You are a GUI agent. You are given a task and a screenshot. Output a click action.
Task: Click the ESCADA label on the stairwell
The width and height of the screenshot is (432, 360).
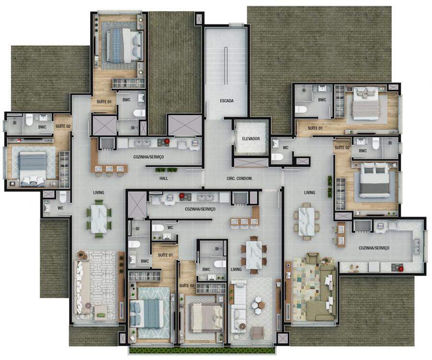227,100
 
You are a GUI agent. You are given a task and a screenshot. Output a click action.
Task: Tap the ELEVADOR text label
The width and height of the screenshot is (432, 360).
251,139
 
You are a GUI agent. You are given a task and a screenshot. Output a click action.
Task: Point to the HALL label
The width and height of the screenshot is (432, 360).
164,178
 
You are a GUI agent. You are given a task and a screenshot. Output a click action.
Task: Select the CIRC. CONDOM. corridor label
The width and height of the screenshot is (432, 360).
240,178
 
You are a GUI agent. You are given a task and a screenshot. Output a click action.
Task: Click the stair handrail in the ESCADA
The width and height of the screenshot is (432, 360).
226,66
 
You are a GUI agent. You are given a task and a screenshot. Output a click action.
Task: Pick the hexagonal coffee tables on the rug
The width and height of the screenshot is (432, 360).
258,305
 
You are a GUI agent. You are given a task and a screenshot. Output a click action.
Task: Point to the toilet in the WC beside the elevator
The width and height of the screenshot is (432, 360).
277,157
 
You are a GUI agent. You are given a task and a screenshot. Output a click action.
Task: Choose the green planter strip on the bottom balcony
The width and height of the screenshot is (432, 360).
202,350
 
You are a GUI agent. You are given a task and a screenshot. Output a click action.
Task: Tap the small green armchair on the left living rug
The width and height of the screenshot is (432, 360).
101,314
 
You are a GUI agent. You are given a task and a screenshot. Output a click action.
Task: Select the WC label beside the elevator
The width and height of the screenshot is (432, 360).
286,148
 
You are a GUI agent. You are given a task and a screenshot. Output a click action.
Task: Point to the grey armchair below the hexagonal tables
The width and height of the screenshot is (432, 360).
258,333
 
